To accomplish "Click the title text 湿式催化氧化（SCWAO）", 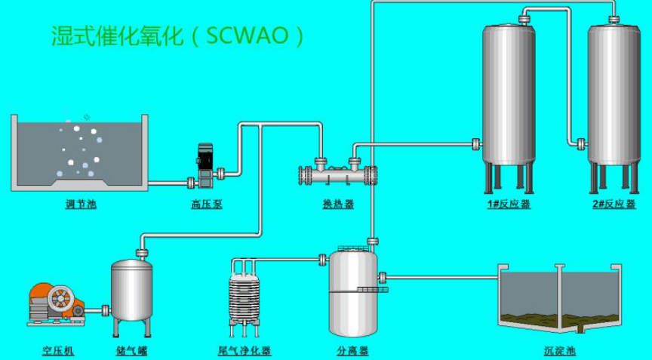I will pos(177,35).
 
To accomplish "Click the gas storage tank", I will pos(132,291).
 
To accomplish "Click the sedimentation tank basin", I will pos(559,298).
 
